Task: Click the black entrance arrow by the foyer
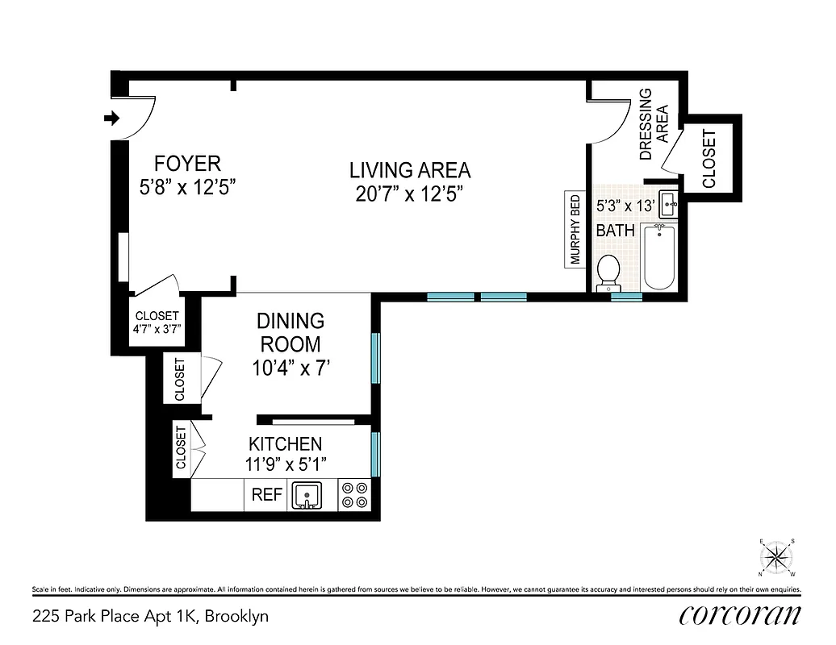click(x=111, y=119)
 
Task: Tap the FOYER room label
click(x=188, y=164)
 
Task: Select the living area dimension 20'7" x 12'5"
click(x=410, y=193)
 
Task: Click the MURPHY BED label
click(x=575, y=230)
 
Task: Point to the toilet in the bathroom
click(x=608, y=273)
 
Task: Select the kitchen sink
click(x=306, y=495)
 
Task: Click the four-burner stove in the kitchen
click(x=353, y=494)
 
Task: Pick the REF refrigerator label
click(x=266, y=495)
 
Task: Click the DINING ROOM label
click(x=291, y=332)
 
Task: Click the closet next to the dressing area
click(x=709, y=158)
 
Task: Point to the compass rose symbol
click(x=778, y=556)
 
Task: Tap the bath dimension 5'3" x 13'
click(x=624, y=206)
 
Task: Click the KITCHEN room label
click(x=285, y=443)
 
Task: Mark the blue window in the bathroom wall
click(x=626, y=297)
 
